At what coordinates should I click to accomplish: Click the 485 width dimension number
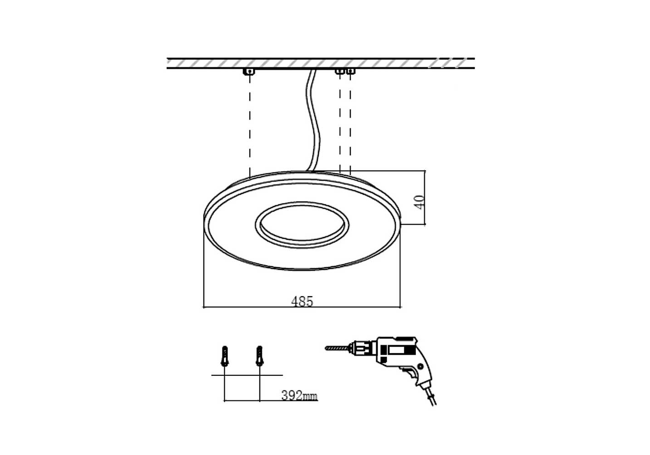[x=302, y=302]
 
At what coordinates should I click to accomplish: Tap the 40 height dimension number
[x=420, y=202]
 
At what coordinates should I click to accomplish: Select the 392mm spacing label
[x=299, y=395]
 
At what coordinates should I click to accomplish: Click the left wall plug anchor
[x=225, y=356]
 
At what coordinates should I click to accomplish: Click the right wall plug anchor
[x=259, y=356]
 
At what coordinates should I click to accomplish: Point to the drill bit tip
[x=326, y=348]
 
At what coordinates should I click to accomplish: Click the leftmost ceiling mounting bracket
[x=249, y=71]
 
